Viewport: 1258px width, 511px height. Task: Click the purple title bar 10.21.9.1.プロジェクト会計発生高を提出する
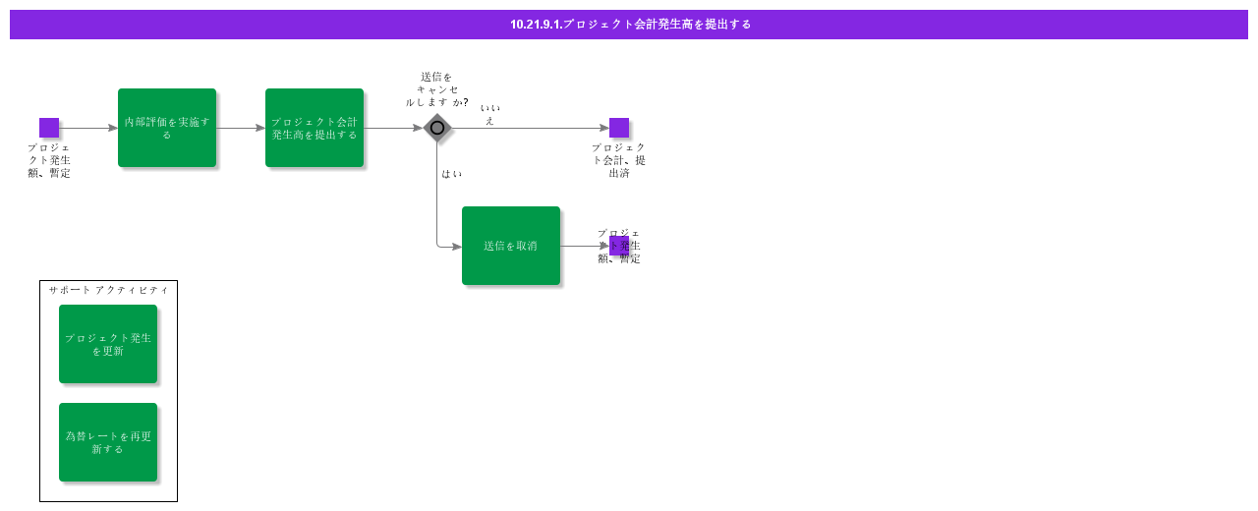629,25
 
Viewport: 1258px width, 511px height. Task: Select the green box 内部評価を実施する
167,128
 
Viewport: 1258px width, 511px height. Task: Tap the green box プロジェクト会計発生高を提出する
314,128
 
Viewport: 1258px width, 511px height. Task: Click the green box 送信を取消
511,246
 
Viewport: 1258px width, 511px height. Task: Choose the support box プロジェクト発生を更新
108,344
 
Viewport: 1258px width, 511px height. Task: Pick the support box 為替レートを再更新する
108,442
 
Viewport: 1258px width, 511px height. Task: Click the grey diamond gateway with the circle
437,128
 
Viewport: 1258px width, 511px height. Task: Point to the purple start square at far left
49,128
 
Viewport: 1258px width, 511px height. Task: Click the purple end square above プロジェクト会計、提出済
619,128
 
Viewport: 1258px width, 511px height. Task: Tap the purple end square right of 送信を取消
619,246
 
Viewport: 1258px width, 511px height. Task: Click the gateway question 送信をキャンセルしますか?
436,89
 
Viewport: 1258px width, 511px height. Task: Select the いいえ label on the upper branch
489,114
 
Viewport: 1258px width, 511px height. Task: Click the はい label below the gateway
452,174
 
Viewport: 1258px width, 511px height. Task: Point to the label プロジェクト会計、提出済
619,160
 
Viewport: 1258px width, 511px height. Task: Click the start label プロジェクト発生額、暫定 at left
49,160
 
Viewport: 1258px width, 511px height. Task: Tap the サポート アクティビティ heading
108,290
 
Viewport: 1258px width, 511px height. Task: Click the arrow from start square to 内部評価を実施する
88,128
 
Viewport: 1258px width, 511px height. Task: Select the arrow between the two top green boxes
241,128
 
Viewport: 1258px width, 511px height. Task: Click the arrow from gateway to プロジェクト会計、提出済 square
531,128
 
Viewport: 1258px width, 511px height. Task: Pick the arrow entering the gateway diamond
393,128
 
